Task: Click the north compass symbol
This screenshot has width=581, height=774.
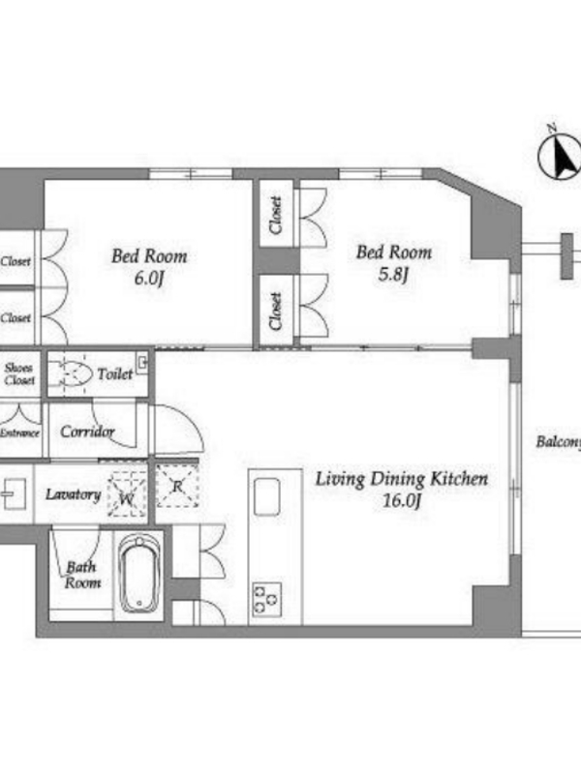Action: click(560, 156)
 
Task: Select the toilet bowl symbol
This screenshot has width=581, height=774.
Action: click(75, 374)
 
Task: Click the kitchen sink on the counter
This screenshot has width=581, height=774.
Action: click(267, 496)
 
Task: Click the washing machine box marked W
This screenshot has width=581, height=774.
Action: click(128, 494)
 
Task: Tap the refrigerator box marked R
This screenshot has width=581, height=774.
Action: click(177, 487)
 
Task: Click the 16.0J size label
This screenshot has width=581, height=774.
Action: click(402, 500)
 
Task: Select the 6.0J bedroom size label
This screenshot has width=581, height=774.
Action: click(149, 278)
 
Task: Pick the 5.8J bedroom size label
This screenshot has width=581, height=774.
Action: click(393, 274)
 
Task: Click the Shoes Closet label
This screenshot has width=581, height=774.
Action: click(19, 373)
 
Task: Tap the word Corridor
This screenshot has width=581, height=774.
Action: click(87, 432)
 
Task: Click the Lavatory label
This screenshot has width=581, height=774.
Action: click(74, 494)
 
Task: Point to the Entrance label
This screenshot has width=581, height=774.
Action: click(19, 432)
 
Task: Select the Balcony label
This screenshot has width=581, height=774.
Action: click(559, 442)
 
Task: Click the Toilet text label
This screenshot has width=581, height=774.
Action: click(115, 374)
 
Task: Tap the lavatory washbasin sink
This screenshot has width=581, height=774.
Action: click(13, 493)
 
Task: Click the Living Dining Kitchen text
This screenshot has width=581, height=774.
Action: click(402, 479)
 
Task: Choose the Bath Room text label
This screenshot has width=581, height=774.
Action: click(82, 575)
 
